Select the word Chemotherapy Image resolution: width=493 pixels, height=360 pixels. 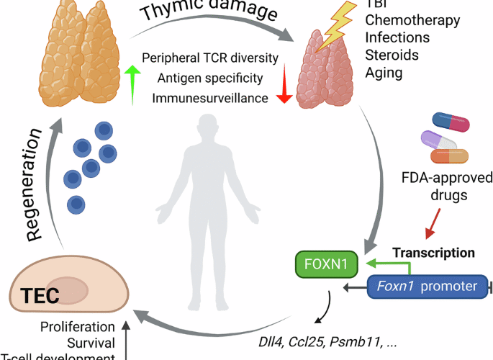coord(413,20)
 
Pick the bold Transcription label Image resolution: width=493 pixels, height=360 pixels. coord(433,253)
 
